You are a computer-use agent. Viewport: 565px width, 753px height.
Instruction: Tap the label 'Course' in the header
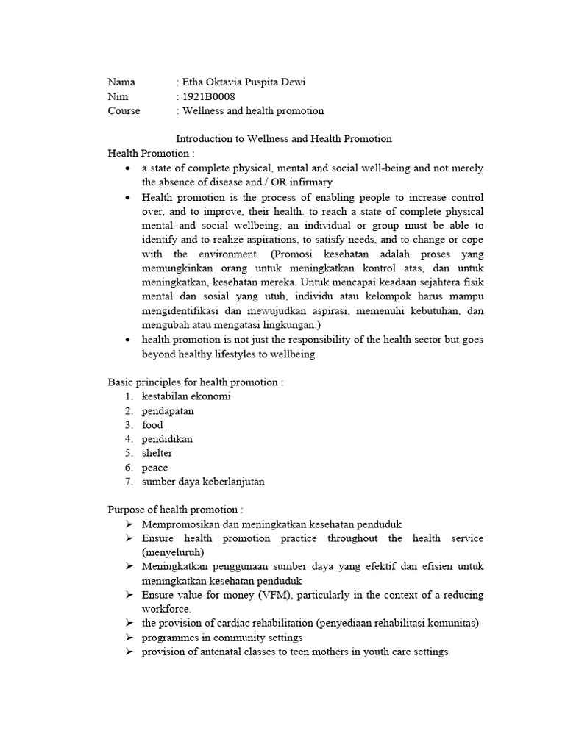[x=124, y=111]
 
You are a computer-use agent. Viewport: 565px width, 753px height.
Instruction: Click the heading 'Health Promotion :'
[x=152, y=153]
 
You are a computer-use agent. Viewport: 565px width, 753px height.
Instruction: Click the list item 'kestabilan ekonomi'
[x=186, y=396]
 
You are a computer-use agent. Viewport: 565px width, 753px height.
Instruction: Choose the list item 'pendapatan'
[x=168, y=410]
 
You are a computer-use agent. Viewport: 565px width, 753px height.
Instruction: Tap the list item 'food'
[x=152, y=425]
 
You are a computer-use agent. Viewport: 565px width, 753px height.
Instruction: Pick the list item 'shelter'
[x=157, y=453]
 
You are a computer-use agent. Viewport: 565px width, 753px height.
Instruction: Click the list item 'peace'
[x=154, y=468]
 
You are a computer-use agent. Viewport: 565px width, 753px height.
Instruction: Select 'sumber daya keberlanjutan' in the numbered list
[x=203, y=482]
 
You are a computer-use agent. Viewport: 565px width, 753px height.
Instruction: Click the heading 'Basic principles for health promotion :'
[x=195, y=382]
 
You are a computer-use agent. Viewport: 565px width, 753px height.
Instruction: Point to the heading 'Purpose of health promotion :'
[x=175, y=510]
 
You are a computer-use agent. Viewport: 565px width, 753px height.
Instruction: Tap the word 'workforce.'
[x=167, y=609]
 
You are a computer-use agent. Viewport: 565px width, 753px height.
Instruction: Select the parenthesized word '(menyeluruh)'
[x=173, y=552]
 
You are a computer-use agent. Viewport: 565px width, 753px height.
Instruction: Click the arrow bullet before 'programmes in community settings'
[x=129, y=638]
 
